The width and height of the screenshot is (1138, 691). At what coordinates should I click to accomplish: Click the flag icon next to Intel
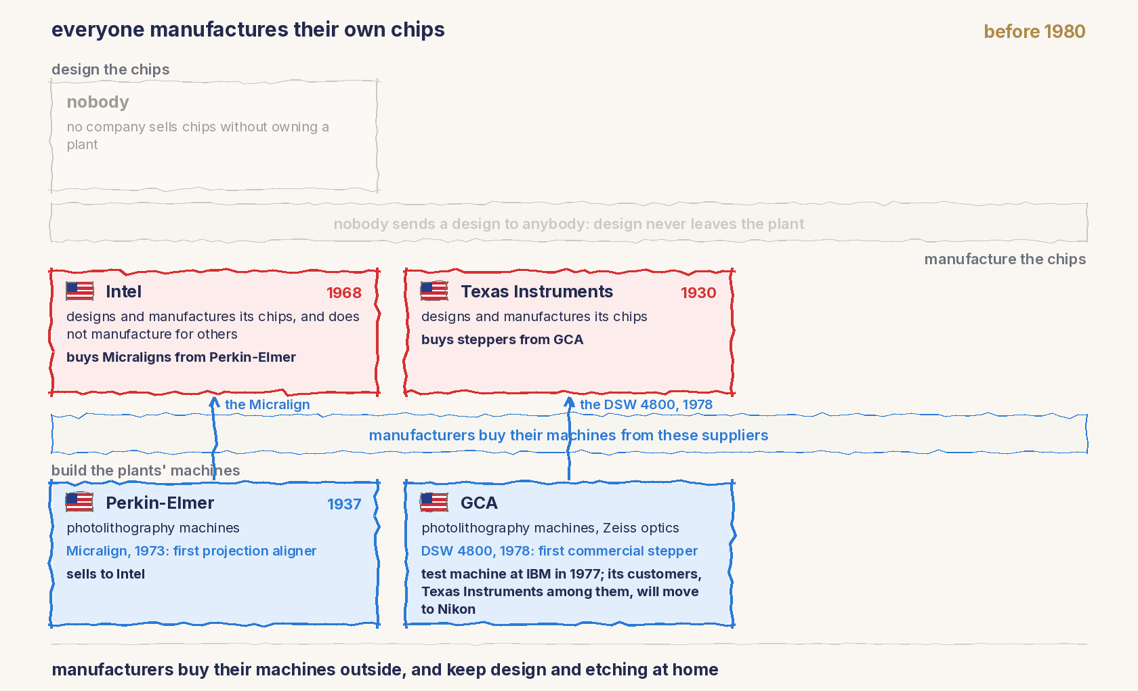coord(80,291)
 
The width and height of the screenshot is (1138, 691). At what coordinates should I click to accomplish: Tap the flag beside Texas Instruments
coord(434,291)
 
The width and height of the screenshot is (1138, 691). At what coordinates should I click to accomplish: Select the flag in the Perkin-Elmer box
coord(80,502)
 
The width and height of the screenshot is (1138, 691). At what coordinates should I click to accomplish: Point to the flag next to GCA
coord(434,502)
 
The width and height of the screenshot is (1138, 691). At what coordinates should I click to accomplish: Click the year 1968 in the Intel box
coord(344,293)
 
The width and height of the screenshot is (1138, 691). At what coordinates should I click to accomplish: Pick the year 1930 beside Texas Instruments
coord(698,293)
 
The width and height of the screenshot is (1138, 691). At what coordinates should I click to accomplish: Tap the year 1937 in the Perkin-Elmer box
coord(344,504)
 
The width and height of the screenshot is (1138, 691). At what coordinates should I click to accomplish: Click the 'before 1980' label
coord(1034,31)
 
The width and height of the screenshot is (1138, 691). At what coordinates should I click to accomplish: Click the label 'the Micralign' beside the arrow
coord(267,404)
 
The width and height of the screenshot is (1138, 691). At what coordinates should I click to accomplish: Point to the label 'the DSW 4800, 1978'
coord(646,404)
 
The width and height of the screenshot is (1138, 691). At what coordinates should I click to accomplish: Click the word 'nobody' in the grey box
coord(98,102)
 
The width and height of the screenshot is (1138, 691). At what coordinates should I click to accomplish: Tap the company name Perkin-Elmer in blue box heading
coord(160,503)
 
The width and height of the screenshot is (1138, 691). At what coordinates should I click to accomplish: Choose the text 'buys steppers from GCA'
coord(502,339)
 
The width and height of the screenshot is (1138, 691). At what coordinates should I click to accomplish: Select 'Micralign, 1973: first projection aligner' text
coord(192,551)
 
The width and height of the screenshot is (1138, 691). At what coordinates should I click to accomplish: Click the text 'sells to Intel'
coord(106,574)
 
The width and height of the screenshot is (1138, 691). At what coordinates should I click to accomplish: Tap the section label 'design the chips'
coord(110,69)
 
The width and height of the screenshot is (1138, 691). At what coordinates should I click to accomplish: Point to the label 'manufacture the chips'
coord(1005,259)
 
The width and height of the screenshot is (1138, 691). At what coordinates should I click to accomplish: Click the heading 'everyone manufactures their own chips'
coord(248,30)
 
